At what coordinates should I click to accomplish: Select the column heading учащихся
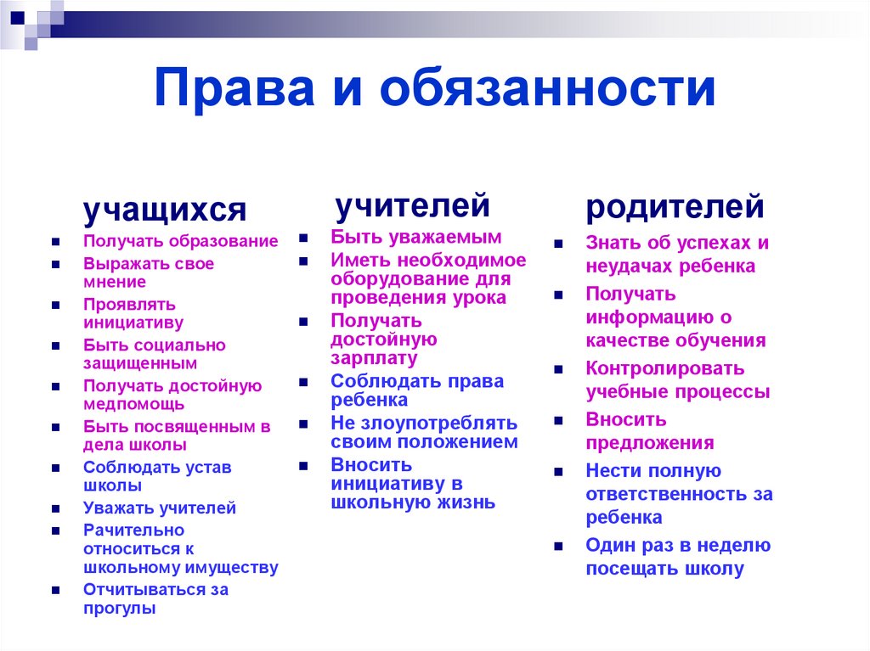tap(164, 209)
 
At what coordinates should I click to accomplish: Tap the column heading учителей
tap(412, 205)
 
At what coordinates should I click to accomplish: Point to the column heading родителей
tap(675, 206)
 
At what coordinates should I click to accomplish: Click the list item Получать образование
tap(180, 241)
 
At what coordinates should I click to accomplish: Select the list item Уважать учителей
tap(160, 508)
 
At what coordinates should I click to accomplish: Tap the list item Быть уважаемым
tap(416, 237)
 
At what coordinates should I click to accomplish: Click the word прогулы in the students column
tap(119, 608)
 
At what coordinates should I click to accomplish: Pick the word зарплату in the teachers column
tap(374, 357)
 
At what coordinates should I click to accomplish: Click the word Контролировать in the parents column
tap(664, 368)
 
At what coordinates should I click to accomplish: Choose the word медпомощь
tap(134, 404)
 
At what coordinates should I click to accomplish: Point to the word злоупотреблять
tap(436, 423)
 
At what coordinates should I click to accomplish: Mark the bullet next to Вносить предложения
tap(559, 421)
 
